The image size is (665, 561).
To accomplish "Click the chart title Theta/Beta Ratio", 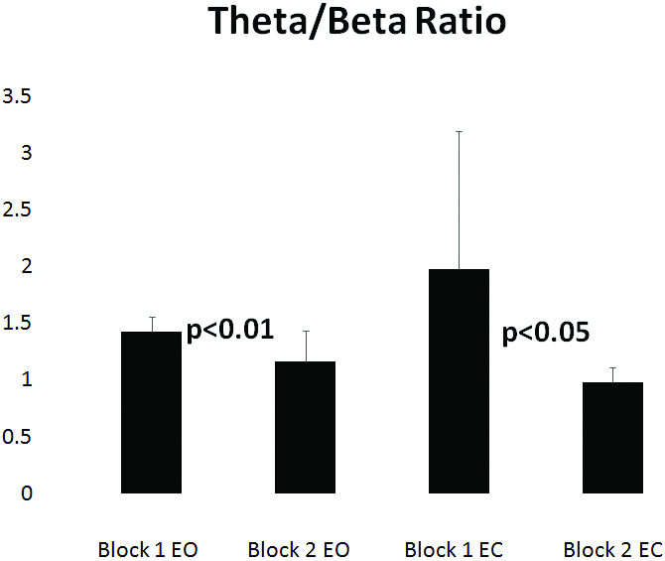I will (356, 23).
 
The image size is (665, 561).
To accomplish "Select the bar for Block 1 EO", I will (151, 412).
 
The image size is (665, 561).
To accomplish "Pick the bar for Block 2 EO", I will (305, 427).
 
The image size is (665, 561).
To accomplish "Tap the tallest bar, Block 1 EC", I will (459, 381).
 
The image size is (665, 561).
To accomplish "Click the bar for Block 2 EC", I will (612, 437).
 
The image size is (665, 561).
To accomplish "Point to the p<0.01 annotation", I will (229, 330).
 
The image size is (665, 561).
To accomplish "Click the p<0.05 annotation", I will (545, 333).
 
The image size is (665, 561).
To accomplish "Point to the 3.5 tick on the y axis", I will (19, 96).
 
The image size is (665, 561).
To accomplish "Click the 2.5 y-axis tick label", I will (19, 210).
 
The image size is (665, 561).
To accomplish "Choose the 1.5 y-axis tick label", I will (19, 323).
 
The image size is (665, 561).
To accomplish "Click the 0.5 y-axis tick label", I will (19, 436).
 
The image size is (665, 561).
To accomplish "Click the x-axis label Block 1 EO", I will (148, 549).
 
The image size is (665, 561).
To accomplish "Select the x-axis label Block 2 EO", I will (299, 549).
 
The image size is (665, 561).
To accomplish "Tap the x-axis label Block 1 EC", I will (456, 549).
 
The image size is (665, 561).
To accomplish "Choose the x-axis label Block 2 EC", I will (612, 549).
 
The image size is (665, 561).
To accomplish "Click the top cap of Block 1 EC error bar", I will (459, 131).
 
